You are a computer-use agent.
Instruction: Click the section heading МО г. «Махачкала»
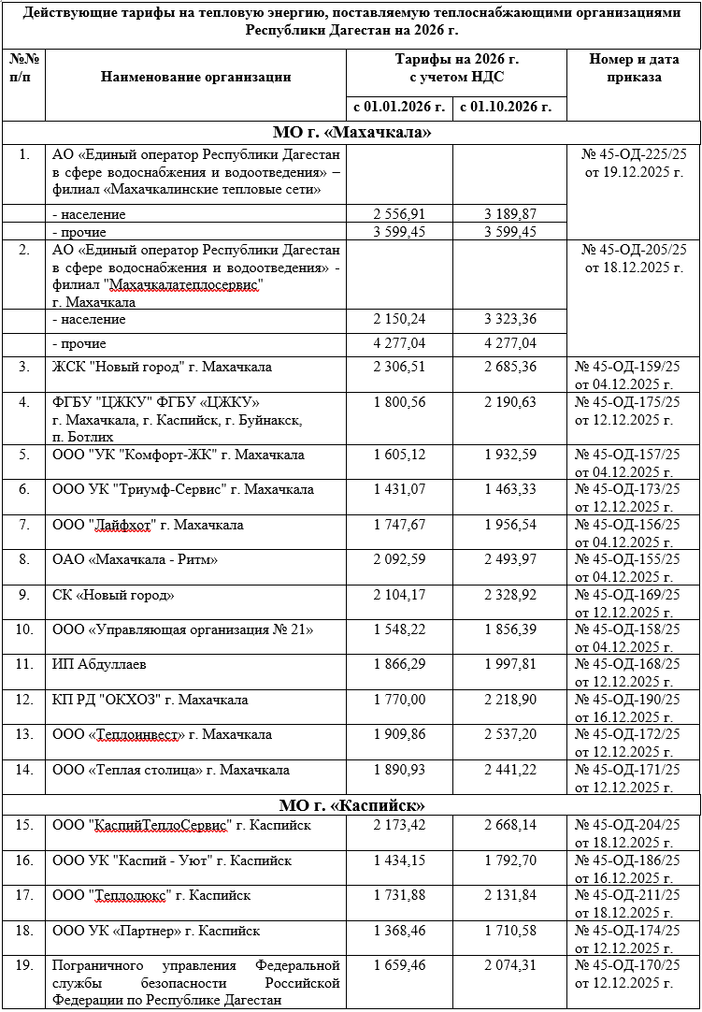click(x=351, y=132)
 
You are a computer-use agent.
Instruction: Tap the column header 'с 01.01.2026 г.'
click(x=398, y=107)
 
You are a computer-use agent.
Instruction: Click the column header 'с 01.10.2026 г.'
click(x=509, y=107)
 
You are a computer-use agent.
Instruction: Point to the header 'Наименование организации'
click(x=195, y=77)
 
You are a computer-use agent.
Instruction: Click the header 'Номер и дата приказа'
click(x=633, y=68)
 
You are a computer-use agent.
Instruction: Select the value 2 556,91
click(x=398, y=214)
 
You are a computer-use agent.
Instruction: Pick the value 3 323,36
click(x=509, y=320)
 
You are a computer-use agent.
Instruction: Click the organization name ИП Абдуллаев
click(x=100, y=664)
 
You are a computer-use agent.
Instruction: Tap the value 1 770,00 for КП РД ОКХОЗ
click(x=398, y=700)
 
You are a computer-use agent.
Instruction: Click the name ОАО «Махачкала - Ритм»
click(x=136, y=559)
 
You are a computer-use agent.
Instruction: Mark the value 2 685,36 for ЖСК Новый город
click(x=509, y=368)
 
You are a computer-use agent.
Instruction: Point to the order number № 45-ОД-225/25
click(x=634, y=153)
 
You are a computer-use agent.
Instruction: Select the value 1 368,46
click(x=398, y=931)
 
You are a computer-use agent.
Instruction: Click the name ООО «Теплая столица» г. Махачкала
click(x=170, y=770)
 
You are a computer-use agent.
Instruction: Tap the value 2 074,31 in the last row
click(x=509, y=965)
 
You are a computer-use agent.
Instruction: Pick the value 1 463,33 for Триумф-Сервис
click(x=509, y=489)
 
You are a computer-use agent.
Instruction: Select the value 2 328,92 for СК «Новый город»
click(x=509, y=595)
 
